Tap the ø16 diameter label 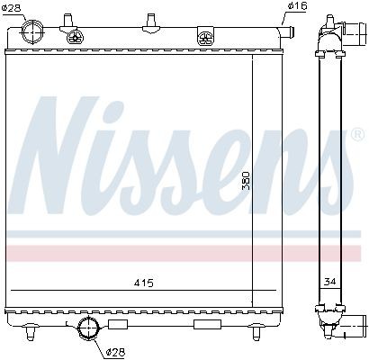click(x=295, y=7)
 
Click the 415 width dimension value click(x=143, y=283)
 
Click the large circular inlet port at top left click(x=35, y=33)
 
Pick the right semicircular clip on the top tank click(x=206, y=37)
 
